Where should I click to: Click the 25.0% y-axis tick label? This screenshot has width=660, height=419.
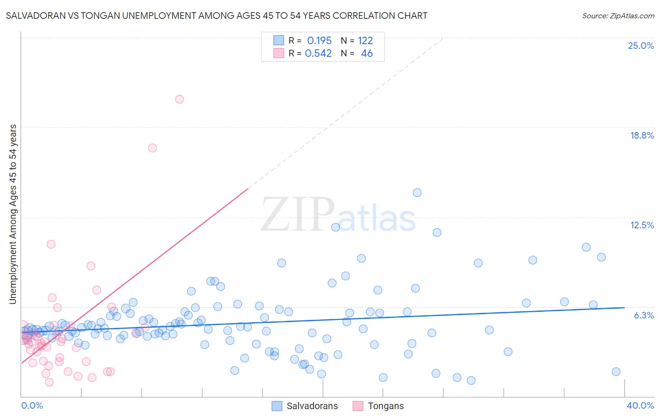click(x=641, y=46)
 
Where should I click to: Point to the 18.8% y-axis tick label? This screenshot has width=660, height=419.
click(x=642, y=135)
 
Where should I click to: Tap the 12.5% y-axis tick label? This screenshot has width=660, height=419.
click(x=642, y=225)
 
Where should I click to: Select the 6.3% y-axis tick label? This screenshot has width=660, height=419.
click(x=644, y=315)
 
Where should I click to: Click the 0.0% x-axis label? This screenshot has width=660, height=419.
click(x=32, y=405)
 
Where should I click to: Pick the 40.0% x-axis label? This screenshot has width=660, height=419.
click(x=640, y=405)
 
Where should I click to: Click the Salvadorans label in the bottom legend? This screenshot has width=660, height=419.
click(x=312, y=406)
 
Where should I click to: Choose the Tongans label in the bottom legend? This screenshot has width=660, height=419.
click(x=385, y=406)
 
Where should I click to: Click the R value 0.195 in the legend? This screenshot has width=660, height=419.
click(x=319, y=41)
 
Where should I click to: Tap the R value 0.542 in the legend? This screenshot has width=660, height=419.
click(x=318, y=54)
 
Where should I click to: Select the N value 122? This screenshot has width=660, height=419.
click(x=365, y=41)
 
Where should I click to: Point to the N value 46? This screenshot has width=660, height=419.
click(x=367, y=54)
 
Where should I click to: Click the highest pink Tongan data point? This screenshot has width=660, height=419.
click(x=179, y=99)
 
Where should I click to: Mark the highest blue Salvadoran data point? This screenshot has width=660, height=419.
click(x=417, y=193)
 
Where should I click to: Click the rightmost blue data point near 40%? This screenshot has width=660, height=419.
click(x=616, y=372)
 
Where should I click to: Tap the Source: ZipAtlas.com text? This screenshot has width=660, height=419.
click(x=618, y=16)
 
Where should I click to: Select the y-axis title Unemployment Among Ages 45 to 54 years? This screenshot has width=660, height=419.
click(x=13, y=214)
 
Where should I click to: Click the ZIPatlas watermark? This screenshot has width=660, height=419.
click(x=338, y=215)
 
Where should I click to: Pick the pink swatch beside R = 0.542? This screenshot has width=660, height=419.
click(x=279, y=53)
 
